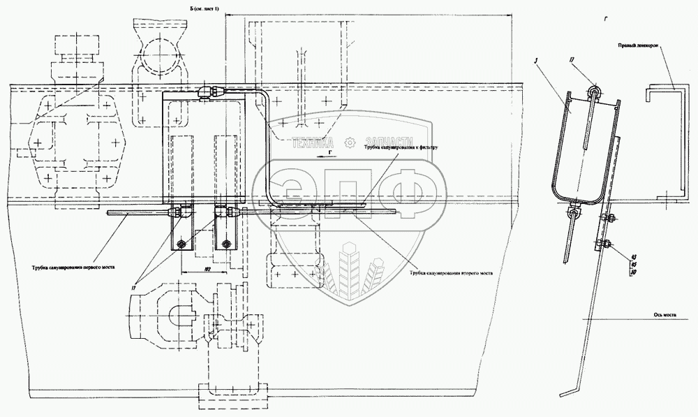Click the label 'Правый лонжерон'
639,46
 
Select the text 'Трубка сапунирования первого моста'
73,266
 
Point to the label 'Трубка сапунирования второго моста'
453,273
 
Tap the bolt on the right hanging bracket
225,243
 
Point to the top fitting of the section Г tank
593,91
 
